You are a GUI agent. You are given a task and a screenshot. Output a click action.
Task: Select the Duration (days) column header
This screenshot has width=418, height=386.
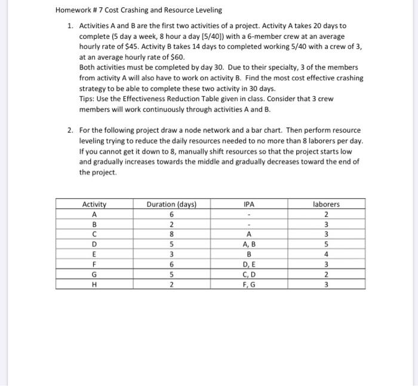172,204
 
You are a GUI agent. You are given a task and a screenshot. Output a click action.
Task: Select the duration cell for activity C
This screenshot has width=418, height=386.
172,234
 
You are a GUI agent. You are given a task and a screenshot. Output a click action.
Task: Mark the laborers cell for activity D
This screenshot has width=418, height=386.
325,244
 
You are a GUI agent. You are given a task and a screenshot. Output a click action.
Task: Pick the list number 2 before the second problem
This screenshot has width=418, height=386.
70,130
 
